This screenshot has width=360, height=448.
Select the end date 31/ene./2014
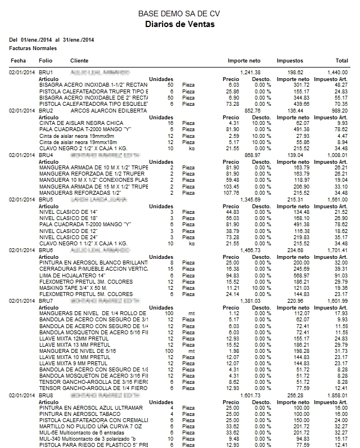point(76,40)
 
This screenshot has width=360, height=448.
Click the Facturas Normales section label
point(29,49)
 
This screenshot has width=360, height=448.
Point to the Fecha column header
point(18,60)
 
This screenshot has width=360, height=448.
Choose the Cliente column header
point(79,60)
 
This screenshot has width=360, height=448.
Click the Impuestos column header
point(290,60)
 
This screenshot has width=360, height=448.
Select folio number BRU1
point(46,73)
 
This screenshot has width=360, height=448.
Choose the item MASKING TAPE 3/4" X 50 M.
point(74,287)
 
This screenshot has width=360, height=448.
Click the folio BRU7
point(46,301)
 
